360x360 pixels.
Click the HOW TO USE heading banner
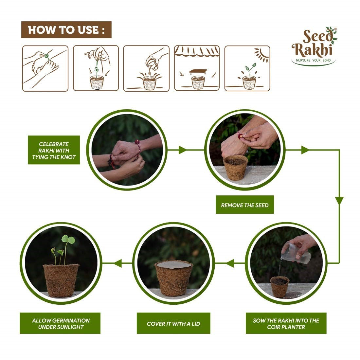click(66, 30)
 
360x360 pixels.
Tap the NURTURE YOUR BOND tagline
click(313, 61)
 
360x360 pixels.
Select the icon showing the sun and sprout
click(247, 68)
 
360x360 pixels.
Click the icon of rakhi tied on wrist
click(45, 68)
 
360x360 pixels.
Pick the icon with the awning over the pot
click(197, 68)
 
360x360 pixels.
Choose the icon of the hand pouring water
click(146, 68)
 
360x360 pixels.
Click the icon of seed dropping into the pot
click(96, 68)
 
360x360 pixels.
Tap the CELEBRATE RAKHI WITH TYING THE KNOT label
click(54, 150)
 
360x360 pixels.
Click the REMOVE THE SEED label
click(244, 206)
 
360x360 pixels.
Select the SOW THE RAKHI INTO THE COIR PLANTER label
click(286, 323)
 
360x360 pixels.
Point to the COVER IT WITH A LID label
click(173, 323)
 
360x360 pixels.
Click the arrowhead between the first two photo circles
click(182, 150)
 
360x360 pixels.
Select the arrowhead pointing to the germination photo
click(118, 263)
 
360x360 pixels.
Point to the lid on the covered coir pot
click(173, 265)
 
